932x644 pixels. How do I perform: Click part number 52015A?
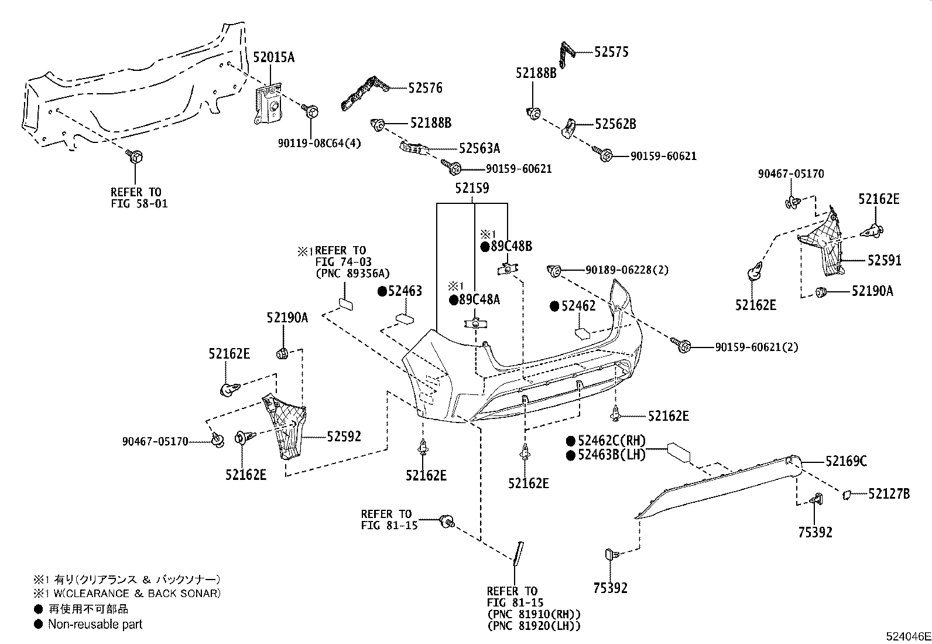point(273,57)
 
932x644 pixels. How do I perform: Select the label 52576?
point(426,88)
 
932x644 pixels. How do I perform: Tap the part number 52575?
point(611,52)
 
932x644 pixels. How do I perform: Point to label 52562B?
point(615,124)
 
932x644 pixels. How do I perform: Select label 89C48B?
point(511,246)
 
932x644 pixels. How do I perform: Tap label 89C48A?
point(479,299)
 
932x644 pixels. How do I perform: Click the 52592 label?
point(344,436)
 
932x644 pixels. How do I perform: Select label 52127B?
point(889,495)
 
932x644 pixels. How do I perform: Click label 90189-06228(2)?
point(626,270)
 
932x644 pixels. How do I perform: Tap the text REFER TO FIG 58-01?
point(136,198)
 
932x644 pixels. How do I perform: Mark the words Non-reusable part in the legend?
point(95,625)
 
